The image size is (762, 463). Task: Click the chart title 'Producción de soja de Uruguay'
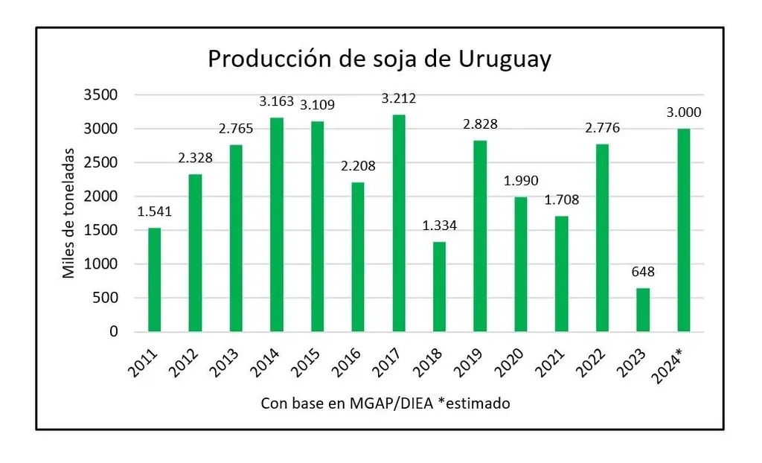pyautogui.click(x=380, y=59)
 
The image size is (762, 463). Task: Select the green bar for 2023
pyautogui.click(x=643, y=310)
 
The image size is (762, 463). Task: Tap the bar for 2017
pyautogui.click(x=399, y=223)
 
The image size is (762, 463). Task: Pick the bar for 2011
pyautogui.click(x=154, y=279)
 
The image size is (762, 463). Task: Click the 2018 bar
pyautogui.click(x=439, y=287)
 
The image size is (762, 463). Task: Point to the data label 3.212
pyautogui.click(x=399, y=98)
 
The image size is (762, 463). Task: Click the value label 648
pyautogui.click(x=642, y=272)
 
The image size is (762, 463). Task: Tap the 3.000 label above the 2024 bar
pyautogui.click(x=683, y=112)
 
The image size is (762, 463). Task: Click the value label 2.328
pyautogui.click(x=195, y=158)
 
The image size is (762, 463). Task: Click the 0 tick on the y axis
pyautogui.click(x=113, y=332)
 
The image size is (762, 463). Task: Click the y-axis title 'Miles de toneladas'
pyautogui.click(x=69, y=213)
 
